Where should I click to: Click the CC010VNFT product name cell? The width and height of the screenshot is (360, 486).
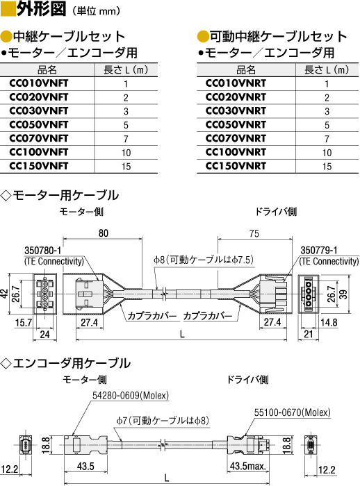coord(39,83)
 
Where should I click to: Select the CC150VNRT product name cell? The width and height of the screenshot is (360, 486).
coord(236,166)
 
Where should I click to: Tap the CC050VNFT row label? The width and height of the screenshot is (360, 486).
coord(39,124)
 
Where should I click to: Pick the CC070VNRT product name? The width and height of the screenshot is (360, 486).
coord(236,139)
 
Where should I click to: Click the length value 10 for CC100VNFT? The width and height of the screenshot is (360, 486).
coord(126,153)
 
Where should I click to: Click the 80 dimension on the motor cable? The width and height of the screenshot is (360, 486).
coord(104,233)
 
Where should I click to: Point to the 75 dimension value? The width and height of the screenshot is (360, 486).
coord(254,233)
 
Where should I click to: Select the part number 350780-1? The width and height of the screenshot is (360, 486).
coord(43,251)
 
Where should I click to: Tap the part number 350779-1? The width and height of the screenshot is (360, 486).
coord(319,250)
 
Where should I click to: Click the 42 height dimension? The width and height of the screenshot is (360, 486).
coord(4,293)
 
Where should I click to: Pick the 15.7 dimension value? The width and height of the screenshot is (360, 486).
coord(23,323)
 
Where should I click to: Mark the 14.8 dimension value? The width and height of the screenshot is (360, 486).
coord(329,322)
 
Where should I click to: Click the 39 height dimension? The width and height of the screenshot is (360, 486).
coord(343,293)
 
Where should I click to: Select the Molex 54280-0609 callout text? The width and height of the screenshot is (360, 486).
coord(131,396)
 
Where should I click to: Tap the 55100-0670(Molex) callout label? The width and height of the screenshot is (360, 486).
coord(293,412)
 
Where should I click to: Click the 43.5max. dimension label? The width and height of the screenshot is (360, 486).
coord(248,466)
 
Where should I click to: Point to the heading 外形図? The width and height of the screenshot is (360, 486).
coord(41,8)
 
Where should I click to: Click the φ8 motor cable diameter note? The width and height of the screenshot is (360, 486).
coord(203,260)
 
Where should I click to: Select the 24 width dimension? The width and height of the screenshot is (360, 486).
coord(44,335)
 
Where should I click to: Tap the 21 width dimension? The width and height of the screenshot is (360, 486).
coord(308,334)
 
